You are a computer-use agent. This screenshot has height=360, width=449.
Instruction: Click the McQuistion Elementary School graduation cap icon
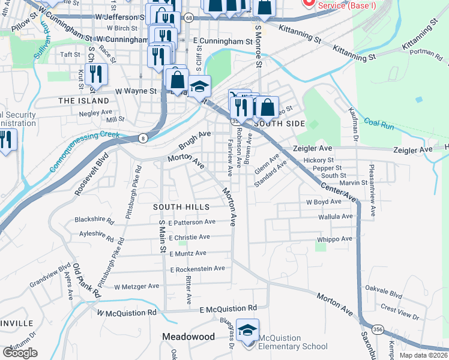pos(247,331)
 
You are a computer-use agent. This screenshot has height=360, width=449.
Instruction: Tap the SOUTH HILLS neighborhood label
pos(181,207)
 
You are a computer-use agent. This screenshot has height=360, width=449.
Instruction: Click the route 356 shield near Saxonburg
pos(378,329)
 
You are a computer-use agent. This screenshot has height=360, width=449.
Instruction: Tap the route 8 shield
pos(143,139)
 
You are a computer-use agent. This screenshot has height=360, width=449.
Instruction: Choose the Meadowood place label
pos(188,337)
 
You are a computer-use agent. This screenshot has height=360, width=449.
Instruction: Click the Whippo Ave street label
pos(333,239)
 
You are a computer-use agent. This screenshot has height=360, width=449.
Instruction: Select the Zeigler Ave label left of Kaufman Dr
pos(312,148)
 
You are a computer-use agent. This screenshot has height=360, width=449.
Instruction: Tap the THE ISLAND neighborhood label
pos(84,101)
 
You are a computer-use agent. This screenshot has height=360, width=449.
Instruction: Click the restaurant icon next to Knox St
pos(95,74)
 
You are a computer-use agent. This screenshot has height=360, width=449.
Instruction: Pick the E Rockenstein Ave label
pos(196,269)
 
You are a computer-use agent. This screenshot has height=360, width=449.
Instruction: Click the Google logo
pos(20,353)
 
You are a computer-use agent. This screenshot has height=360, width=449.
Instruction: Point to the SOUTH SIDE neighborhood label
pos(280,124)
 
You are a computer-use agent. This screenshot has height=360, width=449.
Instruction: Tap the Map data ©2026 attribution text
pos(423,355)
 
